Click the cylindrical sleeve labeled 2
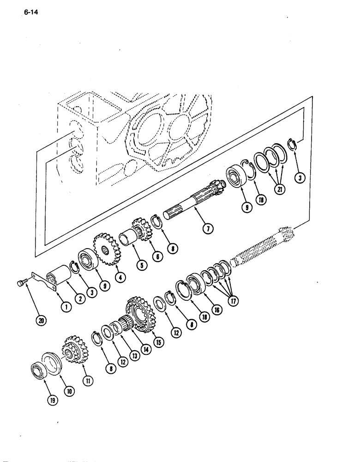(x=59, y=279)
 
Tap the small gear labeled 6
(x=140, y=230)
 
